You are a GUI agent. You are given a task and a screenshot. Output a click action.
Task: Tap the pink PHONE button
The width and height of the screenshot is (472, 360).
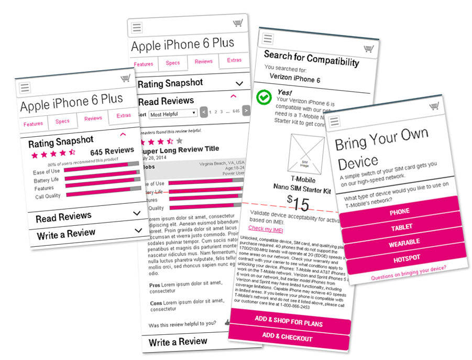coord(399,211)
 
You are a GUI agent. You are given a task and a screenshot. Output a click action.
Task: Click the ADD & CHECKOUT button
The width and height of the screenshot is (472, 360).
coord(287,337)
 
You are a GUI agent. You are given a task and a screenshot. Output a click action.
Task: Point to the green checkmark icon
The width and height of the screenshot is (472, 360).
coord(265,98)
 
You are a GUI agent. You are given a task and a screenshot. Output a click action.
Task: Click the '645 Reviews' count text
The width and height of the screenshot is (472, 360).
coord(112,151)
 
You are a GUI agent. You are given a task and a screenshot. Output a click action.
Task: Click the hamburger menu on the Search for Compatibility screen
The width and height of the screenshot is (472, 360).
coord(268,38)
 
